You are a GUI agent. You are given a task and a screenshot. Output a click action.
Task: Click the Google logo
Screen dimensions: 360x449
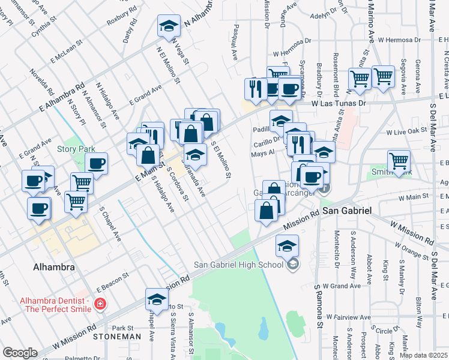tap(20, 353)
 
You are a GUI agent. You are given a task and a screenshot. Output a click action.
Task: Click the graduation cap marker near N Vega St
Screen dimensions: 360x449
tap(169, 26)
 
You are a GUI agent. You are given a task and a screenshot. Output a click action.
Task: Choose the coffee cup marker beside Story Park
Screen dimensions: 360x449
tap(96, 163)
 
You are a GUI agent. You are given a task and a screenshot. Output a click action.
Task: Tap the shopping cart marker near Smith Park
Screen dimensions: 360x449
tap(399, 160)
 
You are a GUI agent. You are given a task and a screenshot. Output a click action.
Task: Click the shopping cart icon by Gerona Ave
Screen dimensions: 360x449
tap(383, 76)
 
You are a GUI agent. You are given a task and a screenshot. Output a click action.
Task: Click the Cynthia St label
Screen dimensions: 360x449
tap(46, 27)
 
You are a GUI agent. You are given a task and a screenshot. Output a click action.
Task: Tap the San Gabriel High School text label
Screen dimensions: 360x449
tap(238, 265)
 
